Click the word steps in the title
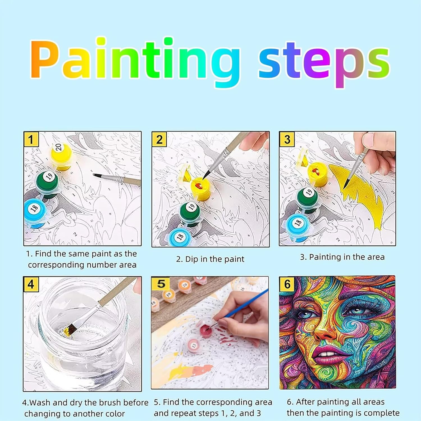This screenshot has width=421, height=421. [324, 64]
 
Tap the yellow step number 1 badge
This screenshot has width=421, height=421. [31, 139]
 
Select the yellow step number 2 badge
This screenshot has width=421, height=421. [159, 139]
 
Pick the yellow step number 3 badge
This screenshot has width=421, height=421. [287, 139]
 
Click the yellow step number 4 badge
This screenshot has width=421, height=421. [31, 284]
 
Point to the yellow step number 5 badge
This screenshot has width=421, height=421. [161, 283]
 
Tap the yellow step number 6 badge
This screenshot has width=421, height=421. [287, 284]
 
